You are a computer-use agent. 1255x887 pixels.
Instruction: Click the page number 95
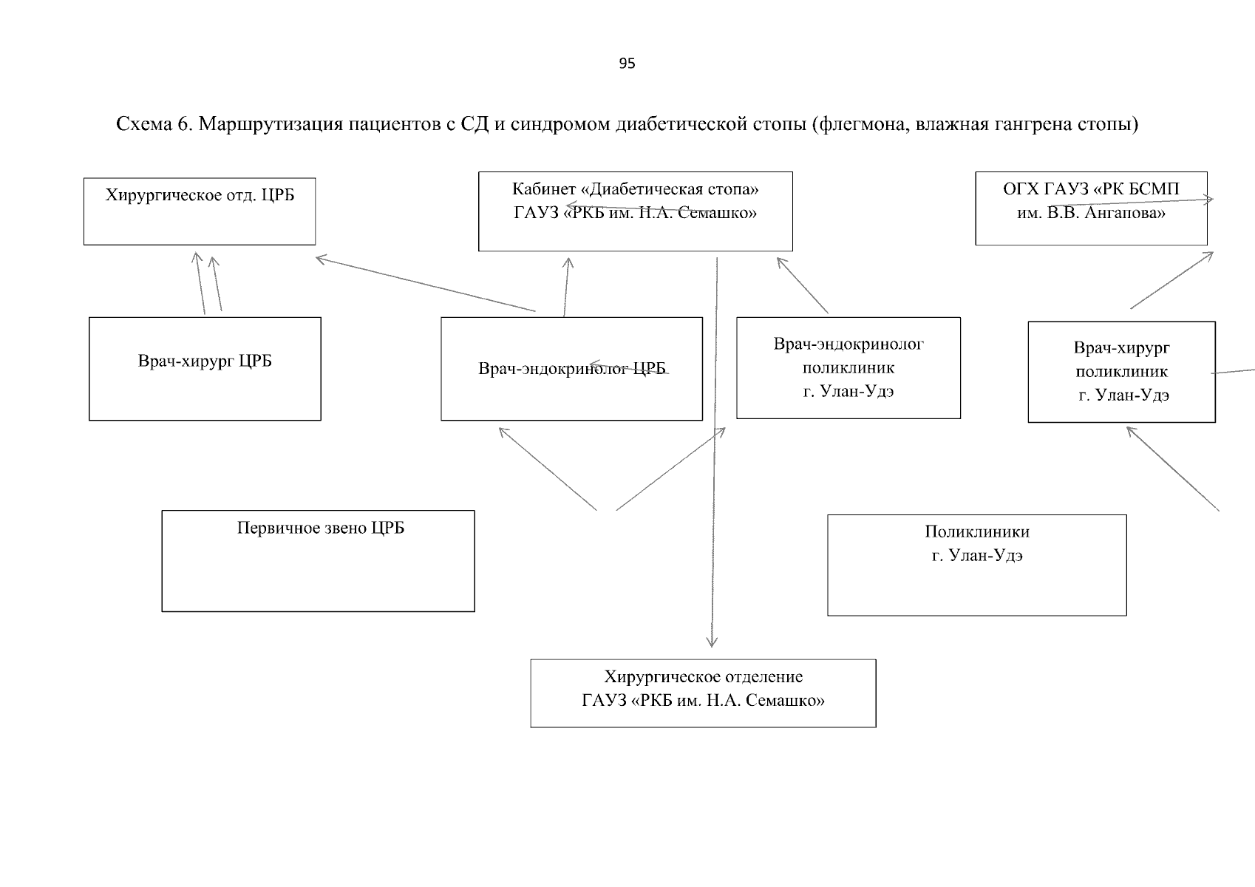(x=627, y=64)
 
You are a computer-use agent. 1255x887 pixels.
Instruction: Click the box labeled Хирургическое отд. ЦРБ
(x=200, y=211)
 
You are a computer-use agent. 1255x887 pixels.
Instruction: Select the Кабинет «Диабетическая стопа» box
(x=636, y=211)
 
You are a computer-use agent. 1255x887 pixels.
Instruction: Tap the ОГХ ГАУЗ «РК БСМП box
(x=1092, y=208)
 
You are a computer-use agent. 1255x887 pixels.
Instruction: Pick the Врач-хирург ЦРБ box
(x=205, y=369)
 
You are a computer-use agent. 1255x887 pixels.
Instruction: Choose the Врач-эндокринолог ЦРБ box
(x=571, y=369)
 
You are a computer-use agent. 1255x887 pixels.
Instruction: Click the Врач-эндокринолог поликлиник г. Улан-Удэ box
(x=848, y=367)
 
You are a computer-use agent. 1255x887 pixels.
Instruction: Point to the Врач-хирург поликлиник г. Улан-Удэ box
(x=1122, y=372)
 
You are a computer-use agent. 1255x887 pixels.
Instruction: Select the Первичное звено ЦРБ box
(x=319, y=561)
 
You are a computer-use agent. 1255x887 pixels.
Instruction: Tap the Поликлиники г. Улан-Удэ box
(x=977, y=565)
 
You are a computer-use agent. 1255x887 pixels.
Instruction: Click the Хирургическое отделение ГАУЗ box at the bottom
(x=703, y=693)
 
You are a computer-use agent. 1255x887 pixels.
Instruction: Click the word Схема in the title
(x=144, y=124)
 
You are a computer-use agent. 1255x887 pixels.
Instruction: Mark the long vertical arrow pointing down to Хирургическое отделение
(x=714, y=453)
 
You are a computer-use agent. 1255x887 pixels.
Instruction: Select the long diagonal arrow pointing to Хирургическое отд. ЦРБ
(x=425, y=284)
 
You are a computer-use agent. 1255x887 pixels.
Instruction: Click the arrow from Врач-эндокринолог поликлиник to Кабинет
(x=803, y=285)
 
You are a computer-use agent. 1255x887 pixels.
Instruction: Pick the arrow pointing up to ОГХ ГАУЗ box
(x=1171, y=280)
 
